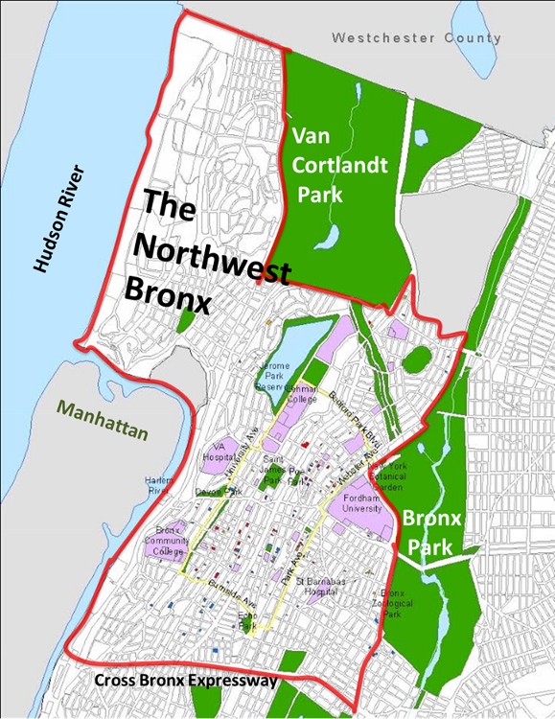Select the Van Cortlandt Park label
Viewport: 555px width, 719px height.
(339, 166)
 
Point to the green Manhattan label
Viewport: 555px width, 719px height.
(103, 420)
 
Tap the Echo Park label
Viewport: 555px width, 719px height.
(247, 620)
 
